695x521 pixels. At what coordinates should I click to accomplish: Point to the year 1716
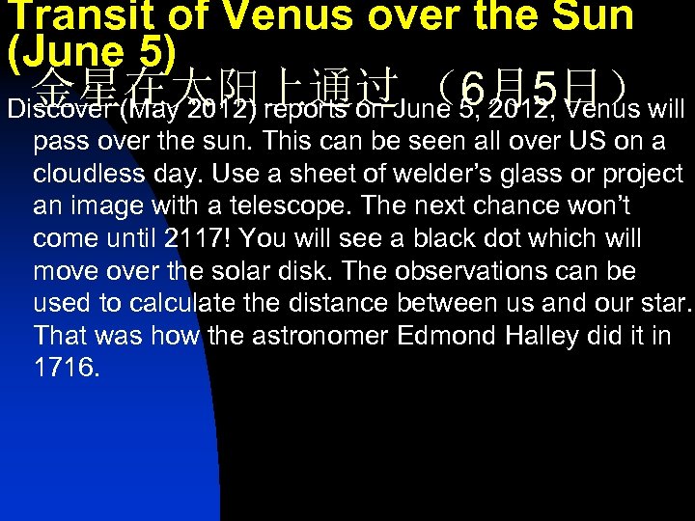point(66,369)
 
